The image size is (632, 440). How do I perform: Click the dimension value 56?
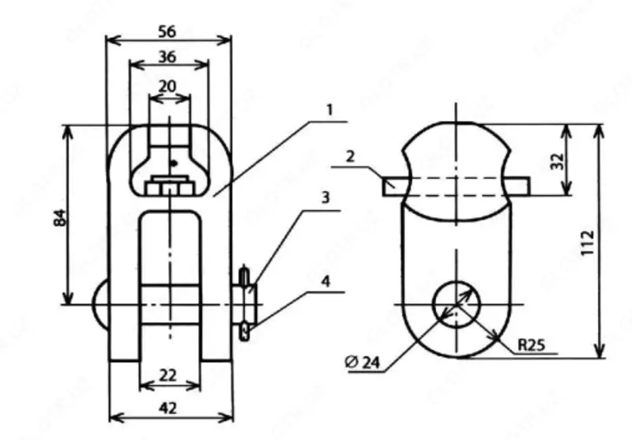click(x=166, y=31)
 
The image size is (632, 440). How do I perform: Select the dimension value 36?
click(x=167, y=57)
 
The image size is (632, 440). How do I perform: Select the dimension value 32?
click(x=579, y=161)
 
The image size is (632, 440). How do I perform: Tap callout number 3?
click(x=324, y=198)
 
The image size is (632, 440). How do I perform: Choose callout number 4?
click(x=325, y=280)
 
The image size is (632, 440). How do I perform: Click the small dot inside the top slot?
click(x=175, y=164)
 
